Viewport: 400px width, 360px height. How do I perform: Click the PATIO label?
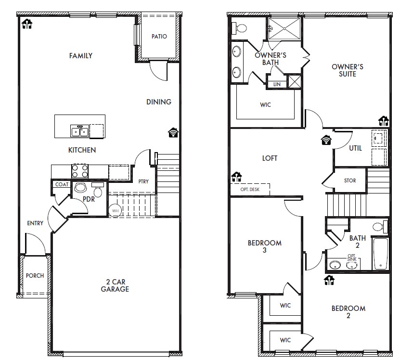coord(159,37)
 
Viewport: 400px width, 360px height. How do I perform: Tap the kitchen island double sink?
coord(79,130)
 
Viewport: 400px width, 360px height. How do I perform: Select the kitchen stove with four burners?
coord(79,171)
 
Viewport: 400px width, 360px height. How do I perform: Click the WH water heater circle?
coord(116,210)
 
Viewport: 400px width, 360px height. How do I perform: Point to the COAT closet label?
coord(62,184)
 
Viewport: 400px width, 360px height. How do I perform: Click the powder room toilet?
coord(98,192)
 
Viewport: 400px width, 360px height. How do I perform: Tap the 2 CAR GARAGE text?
coord(115,285)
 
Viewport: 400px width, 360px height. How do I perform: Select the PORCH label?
coord(35,276)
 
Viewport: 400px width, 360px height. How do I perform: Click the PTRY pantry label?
coord(143,181)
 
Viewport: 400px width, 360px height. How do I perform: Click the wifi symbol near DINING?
coord(173,132)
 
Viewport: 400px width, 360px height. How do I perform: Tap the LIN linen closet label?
coord(276,84)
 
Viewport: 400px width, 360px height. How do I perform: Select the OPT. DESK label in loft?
coord(249,190)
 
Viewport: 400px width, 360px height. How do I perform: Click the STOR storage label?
coord(350,180)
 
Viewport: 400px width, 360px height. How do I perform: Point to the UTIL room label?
coord(355,148)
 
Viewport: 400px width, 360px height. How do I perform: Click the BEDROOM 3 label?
coord(264,246)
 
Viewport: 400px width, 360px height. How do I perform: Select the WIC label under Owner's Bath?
coord(265,104)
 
